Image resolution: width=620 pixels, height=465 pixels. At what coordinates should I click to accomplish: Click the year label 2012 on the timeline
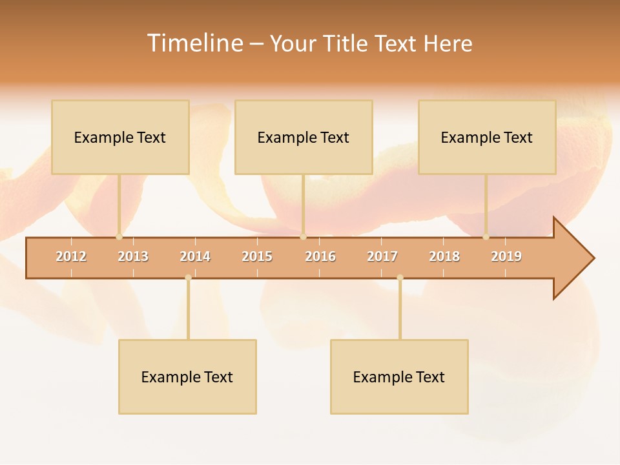(71, 256)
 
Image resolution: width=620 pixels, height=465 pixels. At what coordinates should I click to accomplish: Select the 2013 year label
(133, 256)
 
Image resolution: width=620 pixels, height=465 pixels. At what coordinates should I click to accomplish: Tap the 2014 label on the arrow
(195, 256)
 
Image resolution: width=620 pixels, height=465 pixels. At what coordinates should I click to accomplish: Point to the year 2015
(257, 256)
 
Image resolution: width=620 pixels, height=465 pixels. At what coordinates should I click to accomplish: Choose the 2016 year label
(320, 256)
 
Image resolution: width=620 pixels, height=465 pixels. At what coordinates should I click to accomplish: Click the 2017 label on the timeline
(382, 256)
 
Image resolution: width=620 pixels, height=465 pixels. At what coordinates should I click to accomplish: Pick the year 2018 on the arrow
(444, 256)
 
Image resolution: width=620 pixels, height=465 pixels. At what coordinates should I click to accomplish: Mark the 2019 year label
(506, 256)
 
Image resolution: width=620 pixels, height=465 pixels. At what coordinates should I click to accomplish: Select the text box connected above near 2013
(120, 137)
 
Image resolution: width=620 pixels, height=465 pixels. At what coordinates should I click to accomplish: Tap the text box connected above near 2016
(304, 137)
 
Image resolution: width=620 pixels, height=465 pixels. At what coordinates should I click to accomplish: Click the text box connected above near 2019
(487, 137)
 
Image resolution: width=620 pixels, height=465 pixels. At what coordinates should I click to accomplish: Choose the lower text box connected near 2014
(187, 377)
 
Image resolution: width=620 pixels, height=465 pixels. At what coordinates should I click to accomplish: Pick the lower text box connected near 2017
(399, 377)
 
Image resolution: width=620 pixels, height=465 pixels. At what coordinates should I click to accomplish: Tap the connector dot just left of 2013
(119, 237)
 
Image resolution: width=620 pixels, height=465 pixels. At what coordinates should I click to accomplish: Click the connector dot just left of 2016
(303, 237)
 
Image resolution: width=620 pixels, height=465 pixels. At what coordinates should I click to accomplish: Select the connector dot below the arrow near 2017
(400, 278)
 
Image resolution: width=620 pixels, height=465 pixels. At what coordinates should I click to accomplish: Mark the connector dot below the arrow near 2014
(188, 278)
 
